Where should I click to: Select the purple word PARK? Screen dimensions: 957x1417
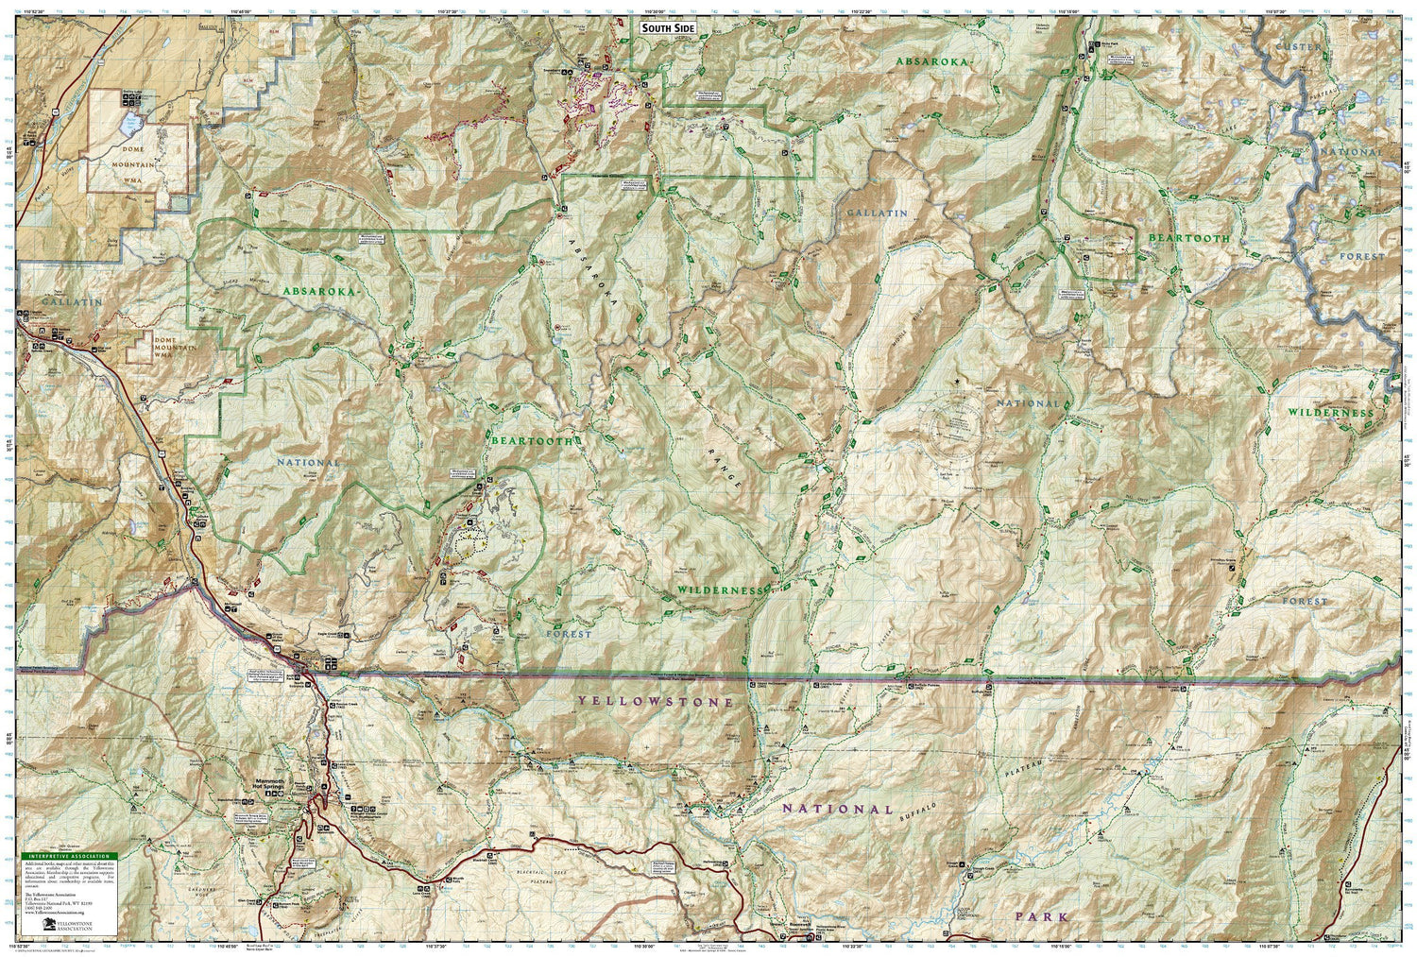(1042, 916)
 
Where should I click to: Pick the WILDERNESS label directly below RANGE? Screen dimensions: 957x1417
(719, 590)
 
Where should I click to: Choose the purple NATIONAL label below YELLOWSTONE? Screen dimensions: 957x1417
(836, 810)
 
